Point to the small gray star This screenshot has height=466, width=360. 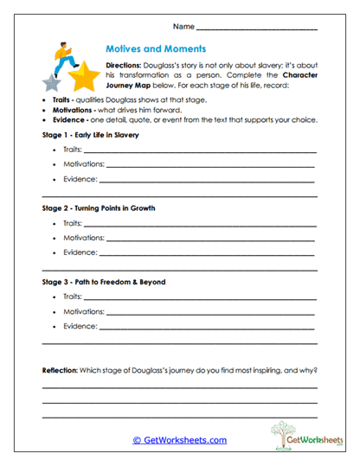(x=52, y=85)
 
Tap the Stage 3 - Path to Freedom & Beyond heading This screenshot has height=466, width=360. (x=103, y=282)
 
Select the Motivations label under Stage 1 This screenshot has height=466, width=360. (x=83, y=165)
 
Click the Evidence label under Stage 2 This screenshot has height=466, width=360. (x=79, y=254)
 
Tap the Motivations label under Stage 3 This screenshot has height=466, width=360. (x=83, y=311)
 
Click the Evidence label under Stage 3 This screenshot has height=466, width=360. (x=79, y=327)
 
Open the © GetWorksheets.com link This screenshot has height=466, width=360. (x=179, y=439)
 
